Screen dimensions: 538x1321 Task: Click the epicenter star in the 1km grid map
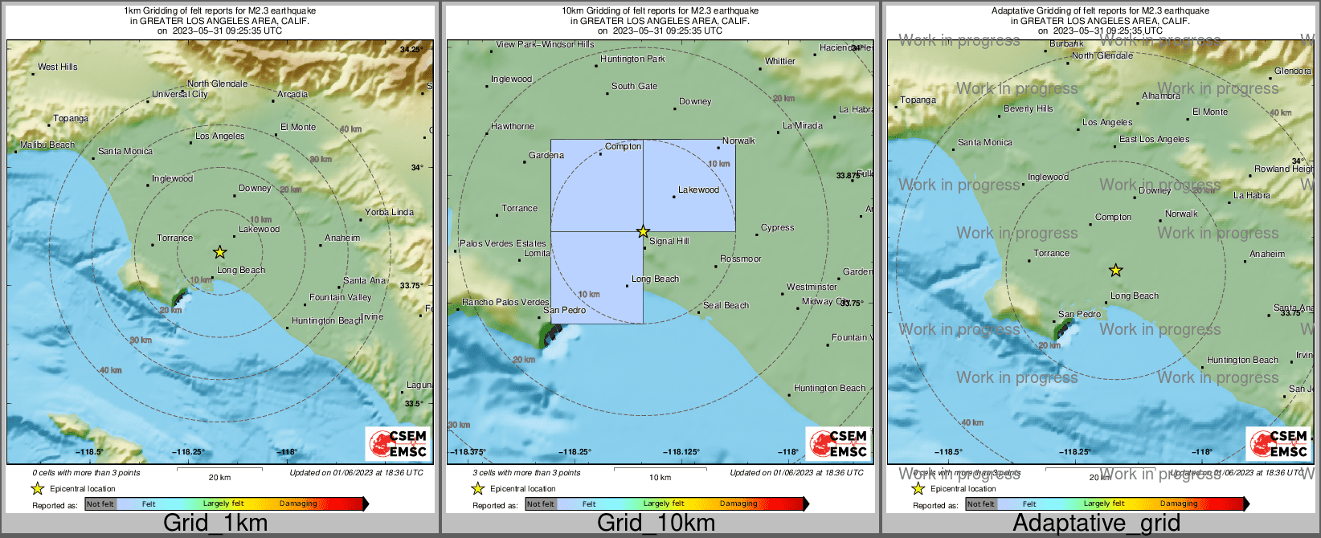[219, 252]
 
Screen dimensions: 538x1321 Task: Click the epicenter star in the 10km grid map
[643, 231]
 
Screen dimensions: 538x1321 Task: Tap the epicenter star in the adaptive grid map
[1115, 271]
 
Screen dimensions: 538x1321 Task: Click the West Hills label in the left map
[58, 67]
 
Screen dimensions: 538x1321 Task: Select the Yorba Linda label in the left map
[389, 212]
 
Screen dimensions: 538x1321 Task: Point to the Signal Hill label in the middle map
[669, 241]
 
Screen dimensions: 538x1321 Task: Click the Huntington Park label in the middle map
[632, 59]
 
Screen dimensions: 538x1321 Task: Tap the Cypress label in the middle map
[777, 227]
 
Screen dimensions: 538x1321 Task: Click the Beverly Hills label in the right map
[1028, 108]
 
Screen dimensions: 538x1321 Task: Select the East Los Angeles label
[1154, 139]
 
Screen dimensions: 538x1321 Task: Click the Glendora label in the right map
[1292, 71]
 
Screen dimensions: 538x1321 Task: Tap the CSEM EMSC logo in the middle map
[838, 443]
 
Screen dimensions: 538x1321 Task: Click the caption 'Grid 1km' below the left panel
[215, 523]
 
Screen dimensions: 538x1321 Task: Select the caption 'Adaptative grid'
[1096, 523]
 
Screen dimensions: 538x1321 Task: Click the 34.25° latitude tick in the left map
[411, 49]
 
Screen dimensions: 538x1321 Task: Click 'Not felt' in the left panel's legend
[100, 504]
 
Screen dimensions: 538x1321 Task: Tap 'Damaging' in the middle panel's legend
[738, 503]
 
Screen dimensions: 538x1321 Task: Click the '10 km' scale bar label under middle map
[660, 477]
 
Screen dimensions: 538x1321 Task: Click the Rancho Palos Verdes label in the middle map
[505, 302]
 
